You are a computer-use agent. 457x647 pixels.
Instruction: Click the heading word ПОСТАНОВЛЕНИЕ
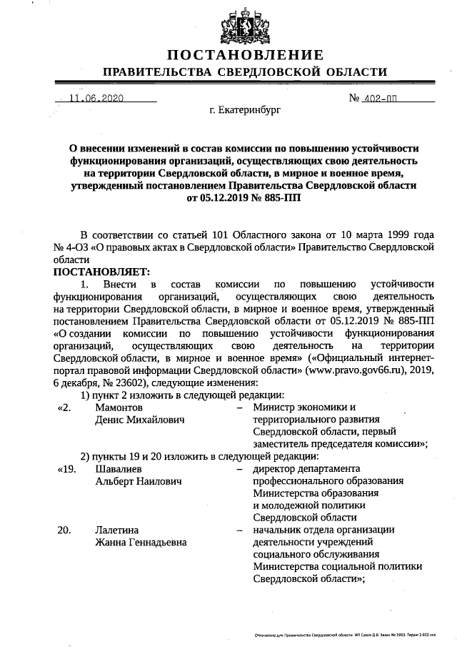pyautogui.click(x=245, y=55)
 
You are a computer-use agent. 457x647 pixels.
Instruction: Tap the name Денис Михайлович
pyautogui.click(x=140, y=420)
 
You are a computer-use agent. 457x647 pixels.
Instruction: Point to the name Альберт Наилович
pyautogui.click(x=138, y=481)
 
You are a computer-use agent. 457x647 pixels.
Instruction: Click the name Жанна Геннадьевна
pyautogui.click(x=141, y=543)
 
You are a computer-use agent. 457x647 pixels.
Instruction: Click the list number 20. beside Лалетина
pyautogui.click(x=64, y=530)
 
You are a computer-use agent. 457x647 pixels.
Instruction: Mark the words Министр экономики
pyautogui.click(x=295, y=408)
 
